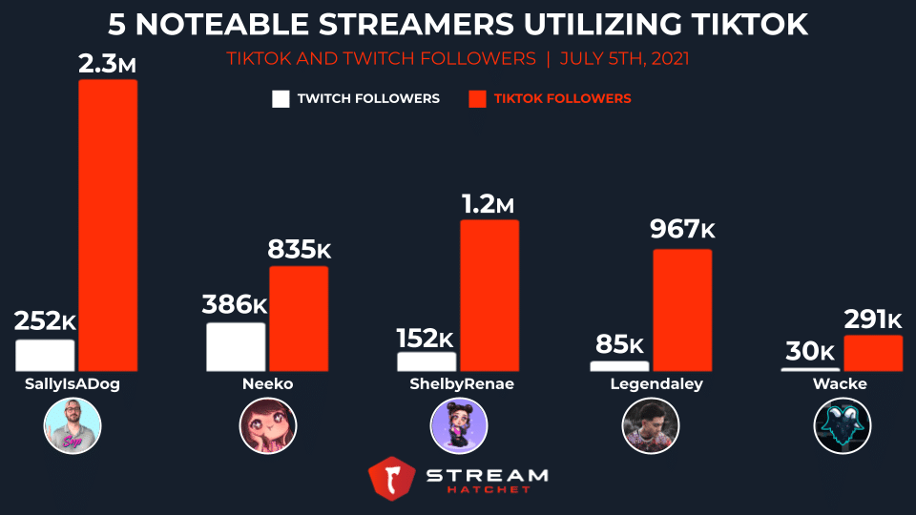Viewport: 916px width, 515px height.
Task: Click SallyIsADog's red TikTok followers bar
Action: [x=108, y=225]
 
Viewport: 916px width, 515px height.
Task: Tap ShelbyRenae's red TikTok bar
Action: [x=489, y=296]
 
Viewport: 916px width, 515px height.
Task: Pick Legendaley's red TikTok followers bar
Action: [x=682, y=310]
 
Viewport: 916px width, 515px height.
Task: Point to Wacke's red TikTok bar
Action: [x=872, y=353]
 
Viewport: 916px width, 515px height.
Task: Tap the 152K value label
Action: [x=425, y=338]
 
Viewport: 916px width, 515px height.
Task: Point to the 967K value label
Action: [x=682, y=230]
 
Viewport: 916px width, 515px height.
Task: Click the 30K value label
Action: [x=811, y=352]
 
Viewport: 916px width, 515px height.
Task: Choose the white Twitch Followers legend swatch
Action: [x=281, y=99]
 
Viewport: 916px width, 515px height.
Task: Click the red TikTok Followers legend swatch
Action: [x=477, y=99]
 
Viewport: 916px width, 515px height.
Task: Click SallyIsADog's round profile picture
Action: [x=73, y=426]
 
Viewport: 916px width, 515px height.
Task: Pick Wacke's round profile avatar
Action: [x=842, y=426]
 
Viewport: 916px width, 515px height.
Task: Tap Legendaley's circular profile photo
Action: [x=650, y=426]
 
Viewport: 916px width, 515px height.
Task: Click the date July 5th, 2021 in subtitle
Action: [x=624, y=59]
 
